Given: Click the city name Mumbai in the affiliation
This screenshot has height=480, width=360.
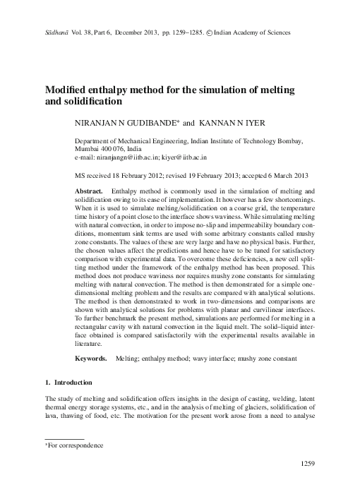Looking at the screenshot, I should pos(89,150).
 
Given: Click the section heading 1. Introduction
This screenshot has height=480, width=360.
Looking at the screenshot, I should pos(68,383).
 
